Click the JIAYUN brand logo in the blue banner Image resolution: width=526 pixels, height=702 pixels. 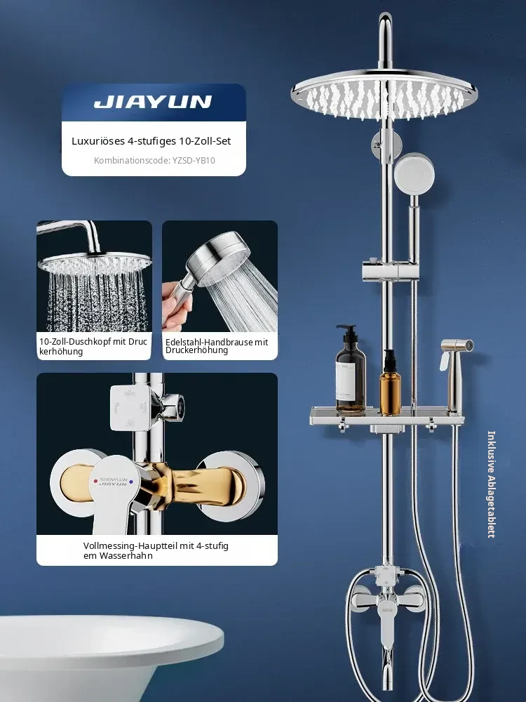pyautogui.click(x=152, y=102)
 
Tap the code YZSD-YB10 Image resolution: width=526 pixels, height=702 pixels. pyautogui.click(x=194, y=160)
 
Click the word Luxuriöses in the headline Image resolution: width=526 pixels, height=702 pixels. pyautogui.click(x=98, y=141)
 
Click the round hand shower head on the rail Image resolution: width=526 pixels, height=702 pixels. pyautogui.click(x=414, y=173)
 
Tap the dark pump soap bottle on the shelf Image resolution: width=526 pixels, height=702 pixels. pyautogui.click(x=350, y=370)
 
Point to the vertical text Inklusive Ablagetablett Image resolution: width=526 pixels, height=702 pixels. pyautogui.click(x=491, y=484)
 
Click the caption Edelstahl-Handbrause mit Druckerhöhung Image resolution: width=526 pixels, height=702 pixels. pyautogui.click(x=217, y=346)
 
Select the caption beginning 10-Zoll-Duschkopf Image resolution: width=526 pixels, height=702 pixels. pyautogui.click(x=93, y=346)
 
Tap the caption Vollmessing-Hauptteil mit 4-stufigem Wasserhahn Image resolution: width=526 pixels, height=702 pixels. pyautogui.click(x=156, y=550)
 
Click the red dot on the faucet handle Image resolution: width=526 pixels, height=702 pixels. pyautogui.click(x=95, y=482)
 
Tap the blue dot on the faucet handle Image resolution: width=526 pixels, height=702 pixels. pyautogui.click(x=131, y=482)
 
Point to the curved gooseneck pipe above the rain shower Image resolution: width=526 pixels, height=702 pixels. pyautogui.click(x=385, y=40)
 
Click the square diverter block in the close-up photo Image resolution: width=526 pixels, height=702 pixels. pyautogui.click(x=130, y=408)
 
